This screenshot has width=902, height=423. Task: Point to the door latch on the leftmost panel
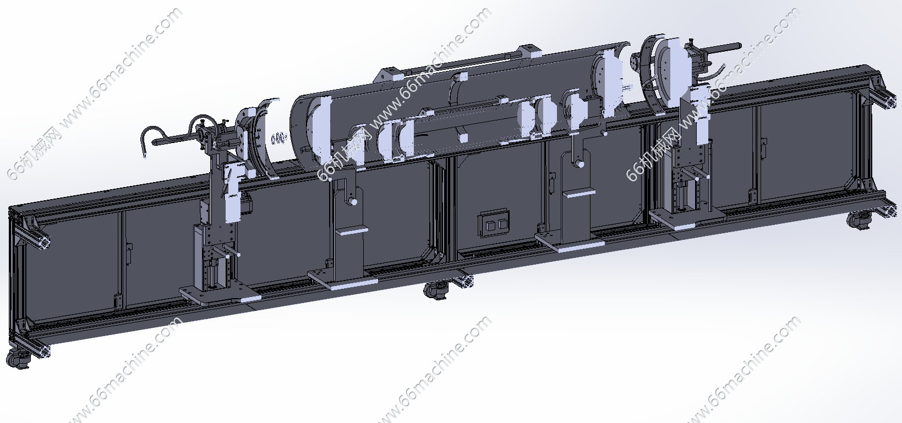[x=129, y=254]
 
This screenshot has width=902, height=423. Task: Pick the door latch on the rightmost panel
[x=763, y=146]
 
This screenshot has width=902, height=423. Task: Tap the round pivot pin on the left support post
[x=353, y=201]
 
